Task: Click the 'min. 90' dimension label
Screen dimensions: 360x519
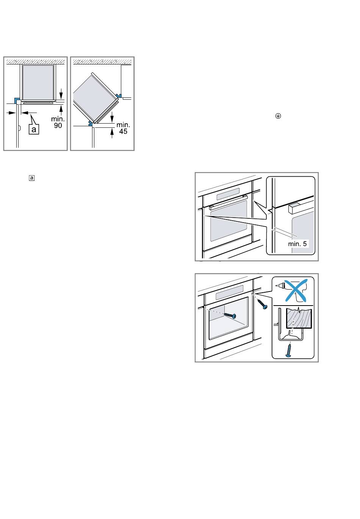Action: coord(58,122)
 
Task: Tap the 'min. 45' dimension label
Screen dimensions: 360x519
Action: coord(123,128)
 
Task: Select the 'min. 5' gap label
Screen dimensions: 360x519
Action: coord(297,244)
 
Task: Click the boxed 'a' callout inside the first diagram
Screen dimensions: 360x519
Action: coord(34,129)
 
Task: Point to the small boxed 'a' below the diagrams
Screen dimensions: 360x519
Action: coord(32,178)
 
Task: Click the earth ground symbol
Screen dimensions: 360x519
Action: coord(278,116)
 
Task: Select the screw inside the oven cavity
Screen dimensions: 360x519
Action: coord(230,315)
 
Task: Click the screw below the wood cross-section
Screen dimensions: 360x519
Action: coord(289,350)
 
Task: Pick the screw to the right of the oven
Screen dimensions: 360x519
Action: coord(262,304)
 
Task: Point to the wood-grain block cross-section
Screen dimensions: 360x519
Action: coord(299,318)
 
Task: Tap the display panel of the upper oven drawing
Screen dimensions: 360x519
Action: coord(228,194)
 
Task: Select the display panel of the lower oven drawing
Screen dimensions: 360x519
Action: coord(229,292)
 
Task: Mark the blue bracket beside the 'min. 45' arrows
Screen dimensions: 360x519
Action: coord(91,123)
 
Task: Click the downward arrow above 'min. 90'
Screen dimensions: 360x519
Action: coord(61,93)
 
